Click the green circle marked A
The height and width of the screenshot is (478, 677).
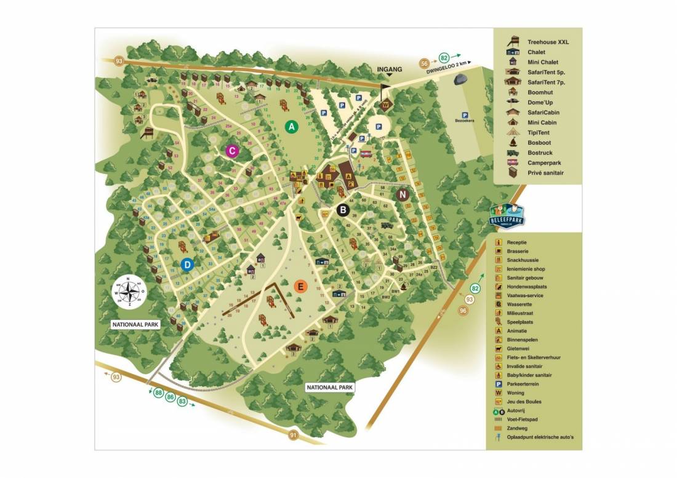click(292, 127)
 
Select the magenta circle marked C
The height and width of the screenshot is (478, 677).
click(231, 151)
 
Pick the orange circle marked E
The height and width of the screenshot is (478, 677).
click(300, 286)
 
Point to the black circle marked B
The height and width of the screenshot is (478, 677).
click(343, 210)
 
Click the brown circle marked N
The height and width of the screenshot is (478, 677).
click(403, 195)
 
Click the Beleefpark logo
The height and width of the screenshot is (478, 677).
click(508, 215)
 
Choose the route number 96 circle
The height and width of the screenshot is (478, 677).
click(464, 311)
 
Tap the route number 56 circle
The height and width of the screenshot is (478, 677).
click(425, 63)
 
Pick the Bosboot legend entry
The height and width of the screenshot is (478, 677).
click(539, 142)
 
